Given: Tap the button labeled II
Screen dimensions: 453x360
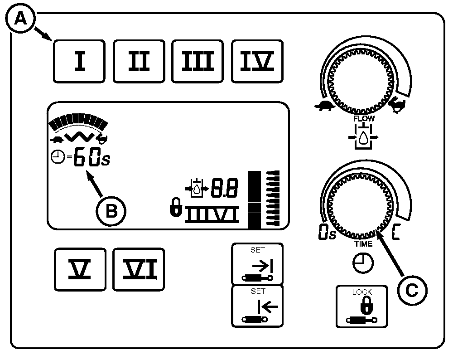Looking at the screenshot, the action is coord(139,61).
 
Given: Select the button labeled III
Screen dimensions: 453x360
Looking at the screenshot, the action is coord(198,61).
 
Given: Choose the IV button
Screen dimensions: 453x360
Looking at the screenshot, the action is coord(257,61).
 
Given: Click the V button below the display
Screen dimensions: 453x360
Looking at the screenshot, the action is coord(80,269).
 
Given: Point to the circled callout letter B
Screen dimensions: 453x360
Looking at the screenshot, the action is coord(111,211).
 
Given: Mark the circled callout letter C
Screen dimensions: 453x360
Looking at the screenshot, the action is coord(412,290).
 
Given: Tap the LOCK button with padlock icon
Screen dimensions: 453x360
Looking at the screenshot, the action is coord(361,306).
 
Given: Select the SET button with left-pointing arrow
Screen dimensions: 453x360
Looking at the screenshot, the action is coord(257,306).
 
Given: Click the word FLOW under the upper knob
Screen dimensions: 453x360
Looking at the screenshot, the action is coord(364,118).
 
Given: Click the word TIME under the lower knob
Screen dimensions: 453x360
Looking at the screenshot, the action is coord(363,244).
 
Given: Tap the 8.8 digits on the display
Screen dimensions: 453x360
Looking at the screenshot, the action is coord(225,188).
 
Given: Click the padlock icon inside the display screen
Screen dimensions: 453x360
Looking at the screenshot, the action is coord(176,207).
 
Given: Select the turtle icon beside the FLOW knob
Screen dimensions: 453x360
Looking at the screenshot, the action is coord(325,106).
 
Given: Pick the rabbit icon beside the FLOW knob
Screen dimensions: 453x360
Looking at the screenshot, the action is coord(398,103).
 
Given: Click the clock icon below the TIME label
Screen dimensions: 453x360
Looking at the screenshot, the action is coord(363,263).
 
